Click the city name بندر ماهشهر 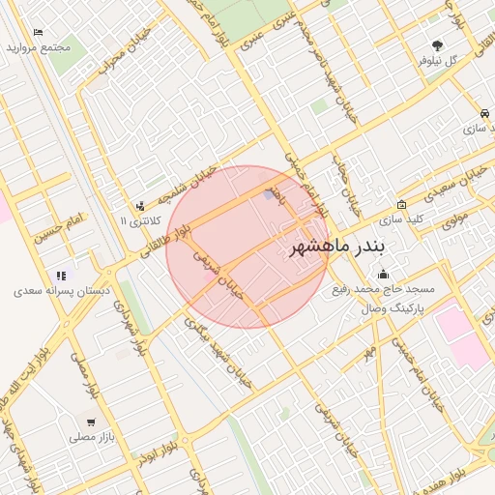(337, 247)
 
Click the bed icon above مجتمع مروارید (38, 33)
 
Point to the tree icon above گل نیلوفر (438, 44)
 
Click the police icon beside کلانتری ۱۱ (141, 206)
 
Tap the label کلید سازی (401, 219)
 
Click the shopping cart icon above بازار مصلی (91, 422)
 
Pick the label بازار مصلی (91, 438)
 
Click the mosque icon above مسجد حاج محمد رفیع (384, 274)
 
